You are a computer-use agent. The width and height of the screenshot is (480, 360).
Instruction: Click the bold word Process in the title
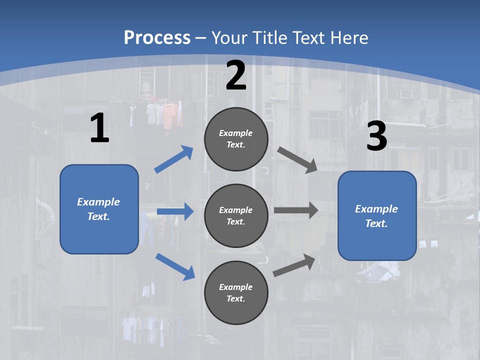[157, 37]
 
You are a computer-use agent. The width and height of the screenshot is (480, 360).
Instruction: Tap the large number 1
[99, 128]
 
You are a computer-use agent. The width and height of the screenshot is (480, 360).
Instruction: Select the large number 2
[236, 76]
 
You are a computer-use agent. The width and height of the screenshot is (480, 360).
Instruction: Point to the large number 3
[376, 136]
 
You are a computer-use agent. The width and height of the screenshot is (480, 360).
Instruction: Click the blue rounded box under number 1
[99, 209]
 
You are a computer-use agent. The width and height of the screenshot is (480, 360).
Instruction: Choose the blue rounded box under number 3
[377, 215]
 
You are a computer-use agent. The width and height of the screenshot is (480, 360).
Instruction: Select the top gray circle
[236, 139]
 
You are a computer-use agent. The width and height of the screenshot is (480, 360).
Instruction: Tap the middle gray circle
[236, 215]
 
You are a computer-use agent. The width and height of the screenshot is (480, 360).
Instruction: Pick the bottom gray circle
[236, 292]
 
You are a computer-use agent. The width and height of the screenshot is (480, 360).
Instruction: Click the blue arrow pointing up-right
[174, 159]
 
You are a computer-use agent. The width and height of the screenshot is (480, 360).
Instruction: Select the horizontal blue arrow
[175, 211]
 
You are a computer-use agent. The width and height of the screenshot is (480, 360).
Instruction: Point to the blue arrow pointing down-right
[175, 266]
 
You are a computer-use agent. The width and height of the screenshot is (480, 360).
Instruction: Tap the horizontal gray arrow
[296, 210]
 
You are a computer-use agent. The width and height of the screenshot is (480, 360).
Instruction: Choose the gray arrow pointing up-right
[294, 265]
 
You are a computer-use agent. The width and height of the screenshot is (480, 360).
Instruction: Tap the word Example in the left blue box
[98, 202]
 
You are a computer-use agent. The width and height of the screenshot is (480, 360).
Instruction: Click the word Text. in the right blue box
[376, 223]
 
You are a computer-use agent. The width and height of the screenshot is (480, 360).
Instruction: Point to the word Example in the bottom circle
[235, 287]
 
